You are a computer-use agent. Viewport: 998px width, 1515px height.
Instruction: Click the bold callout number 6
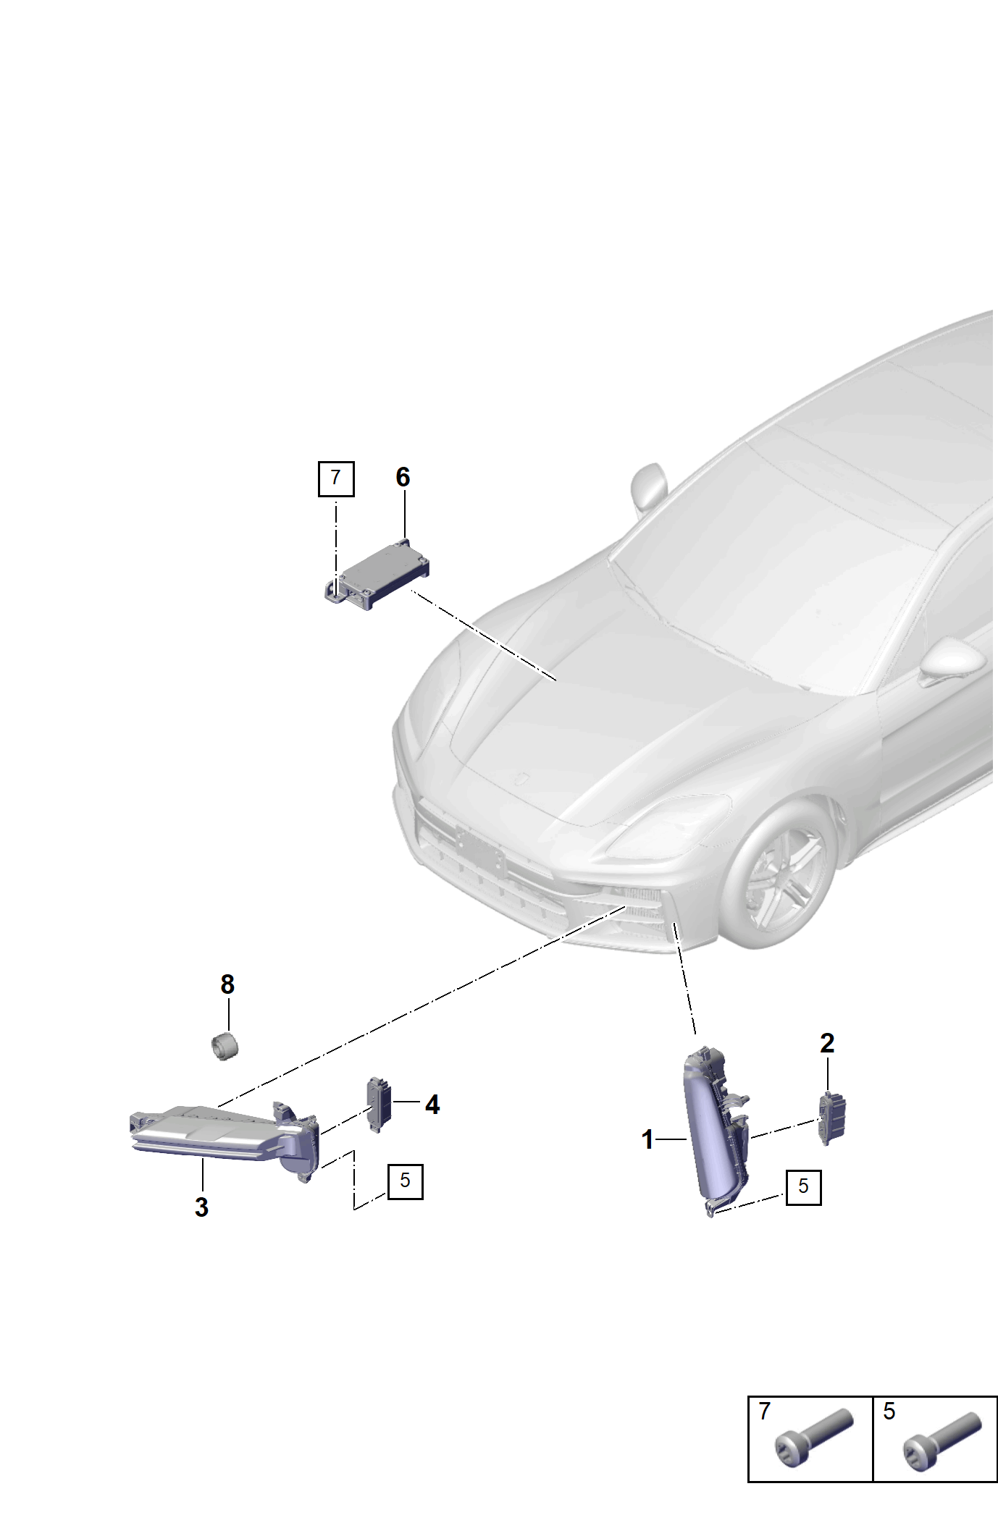pyautogui.click(x=403, y=477)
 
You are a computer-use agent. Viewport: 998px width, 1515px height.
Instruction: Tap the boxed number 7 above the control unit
pyautogui.click(x=336, y=478)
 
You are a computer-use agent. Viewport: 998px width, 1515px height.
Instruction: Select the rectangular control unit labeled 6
pyautogui.click(x=377, y=572)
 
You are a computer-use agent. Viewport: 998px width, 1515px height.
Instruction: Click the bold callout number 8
pyautogui.click(x=227, y=984)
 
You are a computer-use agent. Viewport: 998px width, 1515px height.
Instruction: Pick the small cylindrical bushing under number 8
pyautogui.click(x=225, y=1047)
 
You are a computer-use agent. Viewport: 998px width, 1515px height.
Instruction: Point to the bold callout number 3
pyautogui.click(x=201, y=1207)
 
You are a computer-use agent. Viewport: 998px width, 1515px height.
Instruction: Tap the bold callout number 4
pyautogui.click(x=432, y=1105)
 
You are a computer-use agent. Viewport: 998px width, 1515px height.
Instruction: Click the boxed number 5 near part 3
pyautogui.click(x=406, y=1181)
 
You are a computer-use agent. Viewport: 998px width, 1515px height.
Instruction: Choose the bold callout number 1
pyautogui.click(x=647, y=1140)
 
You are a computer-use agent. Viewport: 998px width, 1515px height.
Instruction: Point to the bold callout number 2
pyautogui.click(x=827, y=1043)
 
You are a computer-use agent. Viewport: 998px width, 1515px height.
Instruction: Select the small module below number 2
pyautogui.click(x=832, y=1118)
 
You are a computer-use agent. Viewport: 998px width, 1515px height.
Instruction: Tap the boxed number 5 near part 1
pyautogui.click(x=804, y=1187)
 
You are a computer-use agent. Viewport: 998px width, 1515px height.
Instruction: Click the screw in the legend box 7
pyautogui.click(x=813, y=1438)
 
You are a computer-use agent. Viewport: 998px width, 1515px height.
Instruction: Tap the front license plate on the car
pyautogui.click(x=480, y=851)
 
